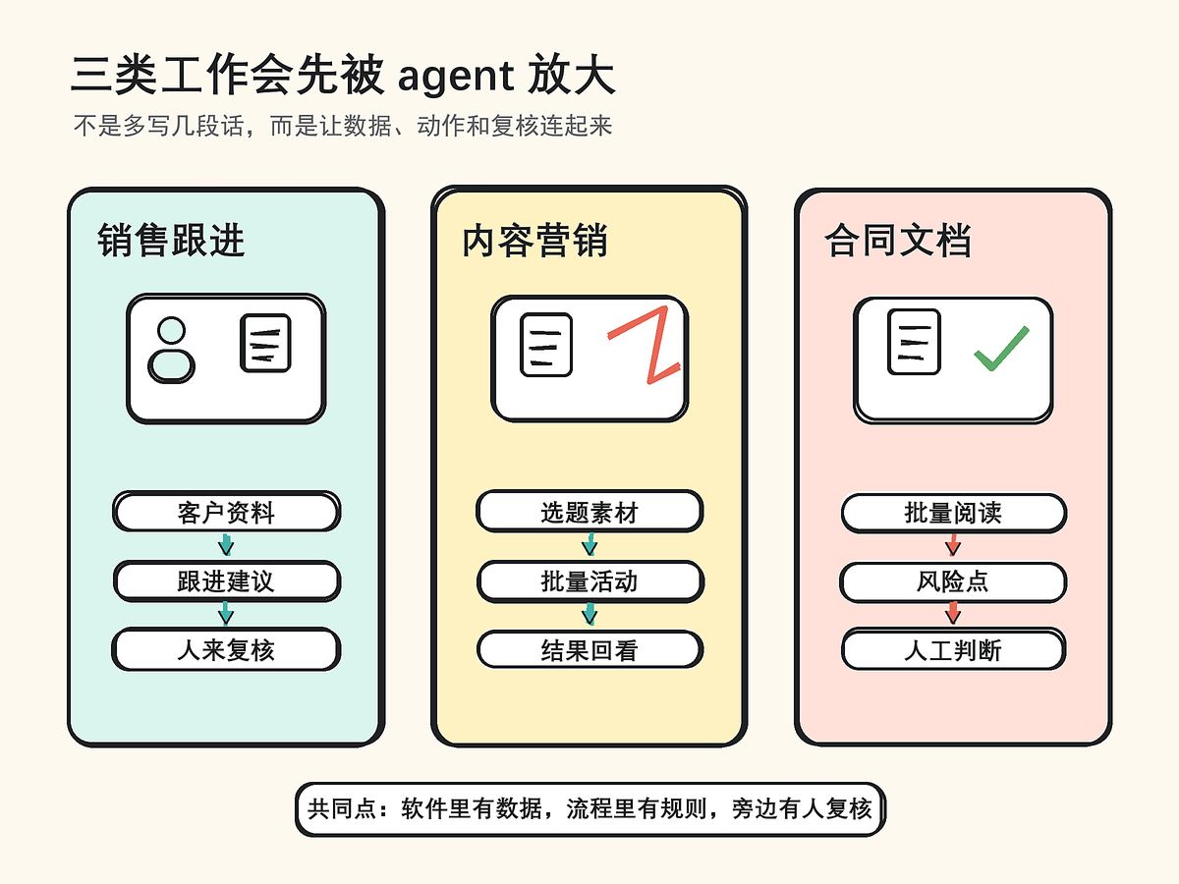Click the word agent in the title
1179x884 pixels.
point(455,76)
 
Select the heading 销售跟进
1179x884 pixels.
point(171,241)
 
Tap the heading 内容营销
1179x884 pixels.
point(534,241)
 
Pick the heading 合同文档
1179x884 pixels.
point(898,241)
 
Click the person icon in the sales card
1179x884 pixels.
point(172,351)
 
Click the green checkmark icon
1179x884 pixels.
point(1001,349)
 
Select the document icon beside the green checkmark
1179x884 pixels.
point(914,342)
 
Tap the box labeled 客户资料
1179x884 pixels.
point(226,513)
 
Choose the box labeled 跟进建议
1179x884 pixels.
point(226,581)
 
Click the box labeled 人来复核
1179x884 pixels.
point(226,650)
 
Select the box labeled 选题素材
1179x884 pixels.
point(589,513)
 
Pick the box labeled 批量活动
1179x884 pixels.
point(589,581)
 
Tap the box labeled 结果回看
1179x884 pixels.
point(589,650)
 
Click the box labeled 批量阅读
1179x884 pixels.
point(953,513)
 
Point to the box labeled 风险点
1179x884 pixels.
point(953,581)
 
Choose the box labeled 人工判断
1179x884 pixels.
point(953,650)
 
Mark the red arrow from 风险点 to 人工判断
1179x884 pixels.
point(952,615)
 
